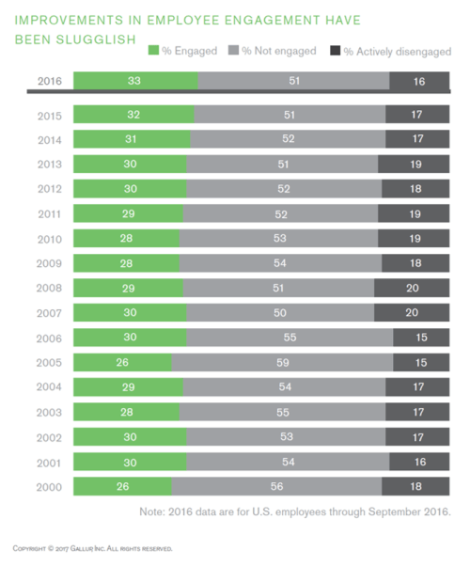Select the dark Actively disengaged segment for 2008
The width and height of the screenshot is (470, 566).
[x=412, y=287]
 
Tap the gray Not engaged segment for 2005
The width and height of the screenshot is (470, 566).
[x=283, y=362]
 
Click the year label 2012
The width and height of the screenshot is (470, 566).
[x=50, y=188]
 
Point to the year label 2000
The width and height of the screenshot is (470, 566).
[x=50, y=486]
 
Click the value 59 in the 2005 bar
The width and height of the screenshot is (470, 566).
[x=283, y=362]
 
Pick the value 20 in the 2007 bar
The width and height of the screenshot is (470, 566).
[x=412, y=312]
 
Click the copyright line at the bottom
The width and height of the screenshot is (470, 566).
[x=92, y=547]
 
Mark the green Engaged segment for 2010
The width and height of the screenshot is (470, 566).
[x=126, y=238]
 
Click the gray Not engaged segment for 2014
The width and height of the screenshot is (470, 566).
[x=288, y=138]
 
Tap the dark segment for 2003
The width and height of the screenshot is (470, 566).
[x=419, y=412]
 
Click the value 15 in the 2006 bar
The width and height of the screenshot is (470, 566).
[x=421, y=337]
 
